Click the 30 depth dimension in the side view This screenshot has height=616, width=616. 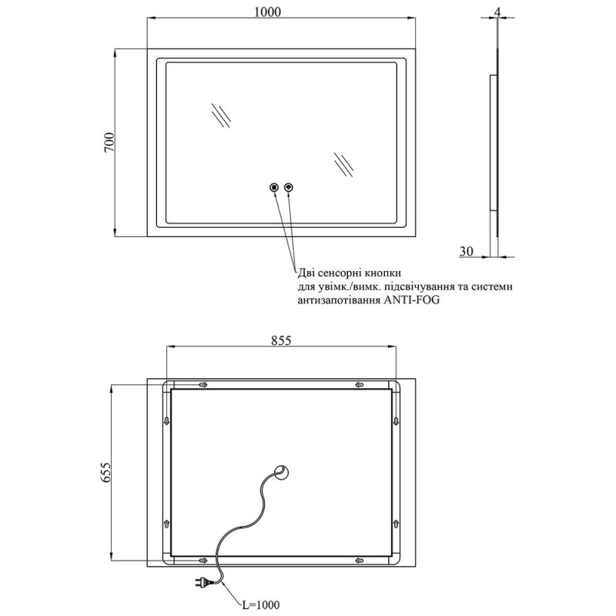click(467, 249)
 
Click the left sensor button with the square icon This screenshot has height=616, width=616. click(273, 186)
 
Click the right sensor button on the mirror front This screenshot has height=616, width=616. click(289, 186)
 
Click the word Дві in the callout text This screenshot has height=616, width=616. click(307, 273)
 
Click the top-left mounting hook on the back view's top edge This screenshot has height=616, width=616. click(203, 384)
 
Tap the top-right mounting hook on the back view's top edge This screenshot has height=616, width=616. click(360, 384)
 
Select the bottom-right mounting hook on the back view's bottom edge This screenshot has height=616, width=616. click(360, 560)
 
